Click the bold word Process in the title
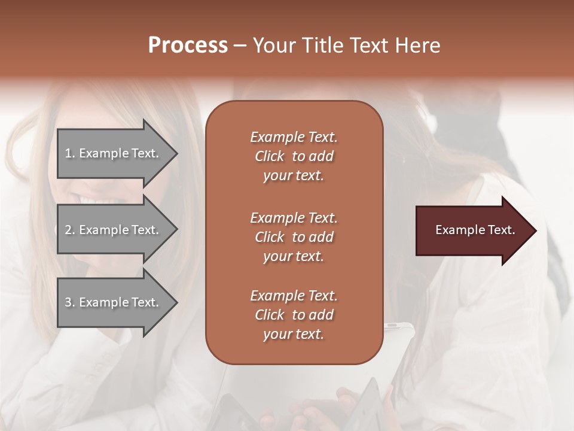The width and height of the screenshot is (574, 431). click(188, 45)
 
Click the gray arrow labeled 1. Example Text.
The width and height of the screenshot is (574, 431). click(114, 153)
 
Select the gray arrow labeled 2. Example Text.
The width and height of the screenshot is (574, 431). click(114, 230)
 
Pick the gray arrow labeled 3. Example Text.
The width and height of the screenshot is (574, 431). click(114, 302)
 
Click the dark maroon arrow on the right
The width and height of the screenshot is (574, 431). click(472, 230)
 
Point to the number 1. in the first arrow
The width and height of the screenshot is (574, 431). click(70, 153)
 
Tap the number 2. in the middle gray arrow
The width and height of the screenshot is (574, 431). click(70, 230)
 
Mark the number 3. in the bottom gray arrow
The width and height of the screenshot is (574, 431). click(70, 302)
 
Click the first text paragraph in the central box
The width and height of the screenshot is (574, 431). click(294, 156)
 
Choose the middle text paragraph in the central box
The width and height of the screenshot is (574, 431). click(294, 237)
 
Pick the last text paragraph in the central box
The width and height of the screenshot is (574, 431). click(294, 315)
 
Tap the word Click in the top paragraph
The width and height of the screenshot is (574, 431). click(270, 156)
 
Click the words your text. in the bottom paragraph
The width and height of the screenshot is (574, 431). click(294, 334)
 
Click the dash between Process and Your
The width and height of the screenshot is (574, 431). click(240, 45)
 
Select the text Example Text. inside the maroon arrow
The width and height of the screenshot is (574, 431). click(475, 230)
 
